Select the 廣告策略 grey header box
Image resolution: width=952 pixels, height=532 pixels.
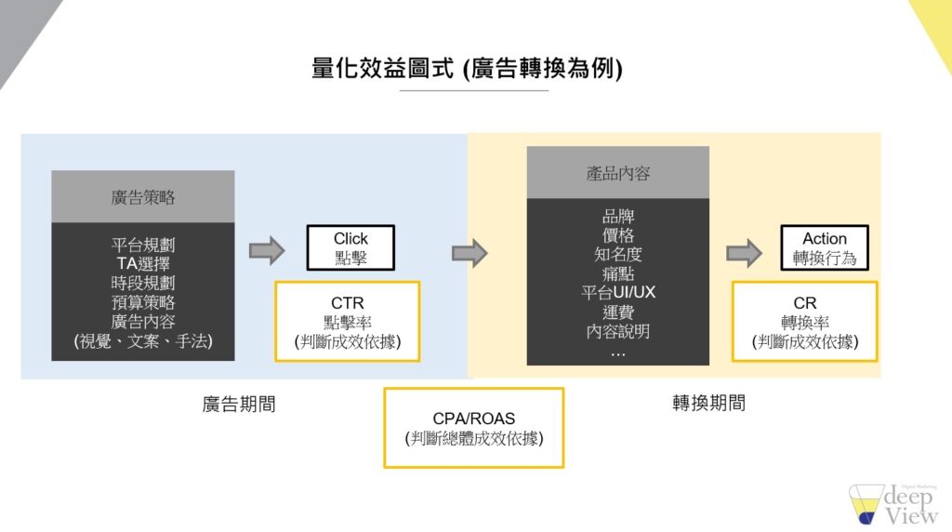pos(143,197)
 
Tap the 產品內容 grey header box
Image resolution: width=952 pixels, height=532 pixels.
pos(618,173)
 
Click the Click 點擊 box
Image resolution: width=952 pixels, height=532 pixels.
pos(350,248)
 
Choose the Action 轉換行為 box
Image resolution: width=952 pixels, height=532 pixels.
pos(825,248)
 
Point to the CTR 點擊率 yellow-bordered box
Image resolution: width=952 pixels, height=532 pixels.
pos(348,322)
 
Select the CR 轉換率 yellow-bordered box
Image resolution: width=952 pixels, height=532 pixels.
pos(805,322)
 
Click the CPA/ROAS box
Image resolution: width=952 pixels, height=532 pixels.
pos(474,428)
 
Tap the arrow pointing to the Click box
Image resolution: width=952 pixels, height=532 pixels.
pos(267,249)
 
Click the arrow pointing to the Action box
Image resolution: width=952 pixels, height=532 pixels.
pos(744,252)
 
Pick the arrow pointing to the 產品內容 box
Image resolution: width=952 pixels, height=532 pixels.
pos(469,252)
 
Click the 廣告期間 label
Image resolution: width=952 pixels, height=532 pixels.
pos(239,404)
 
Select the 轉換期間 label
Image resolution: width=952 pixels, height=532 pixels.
pos(709,404)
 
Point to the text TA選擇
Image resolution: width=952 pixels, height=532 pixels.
pos(143,263)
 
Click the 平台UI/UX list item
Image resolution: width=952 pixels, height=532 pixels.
pos(618,292)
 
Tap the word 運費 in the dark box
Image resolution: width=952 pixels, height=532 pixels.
pos(618,312)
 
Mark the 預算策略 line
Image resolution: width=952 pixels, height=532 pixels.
pos(143,302)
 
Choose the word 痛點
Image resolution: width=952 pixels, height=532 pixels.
pos(618,273)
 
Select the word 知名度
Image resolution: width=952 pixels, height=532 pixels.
pos(618,254)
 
